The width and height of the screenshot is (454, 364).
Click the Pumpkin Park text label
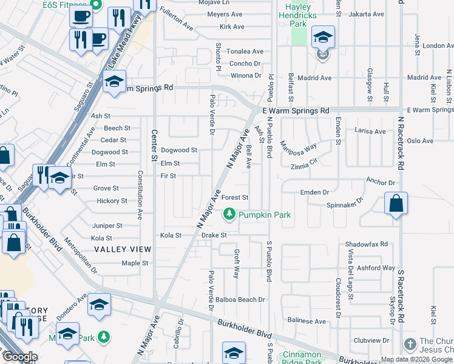point(265,215)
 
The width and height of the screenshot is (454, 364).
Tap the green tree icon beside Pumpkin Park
point(229,214)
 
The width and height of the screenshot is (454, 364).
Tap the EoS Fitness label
point(46,4)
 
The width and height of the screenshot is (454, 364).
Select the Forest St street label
point(235,198)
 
